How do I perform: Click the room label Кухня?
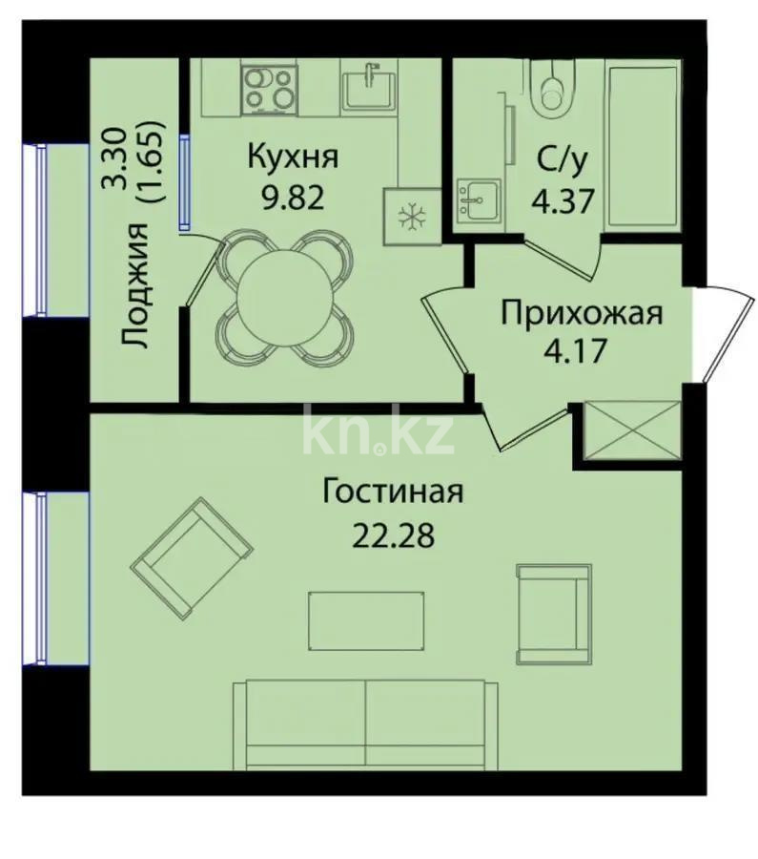tap(293, 156)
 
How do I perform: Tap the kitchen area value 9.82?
tap(293, 198)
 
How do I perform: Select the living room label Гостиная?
tap(392, 492)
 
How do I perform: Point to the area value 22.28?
tap(392, 534)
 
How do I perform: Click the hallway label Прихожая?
tap(582, 312)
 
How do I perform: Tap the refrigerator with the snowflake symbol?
tap(412, 218)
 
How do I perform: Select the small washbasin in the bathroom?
tap(479, 200)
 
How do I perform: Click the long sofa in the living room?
tap(365, 723)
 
